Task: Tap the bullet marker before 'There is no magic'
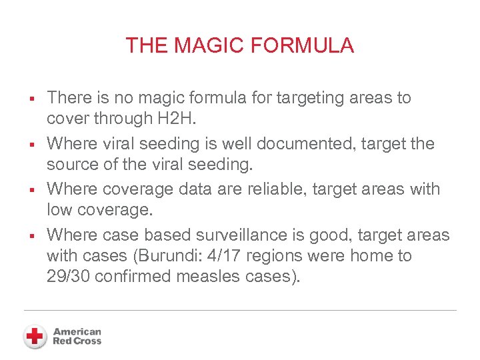[31, 99]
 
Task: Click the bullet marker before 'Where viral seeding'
[31, 145]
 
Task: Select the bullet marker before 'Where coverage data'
[31, 191]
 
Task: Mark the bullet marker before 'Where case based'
[31, 236]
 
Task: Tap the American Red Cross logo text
[77, 336]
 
